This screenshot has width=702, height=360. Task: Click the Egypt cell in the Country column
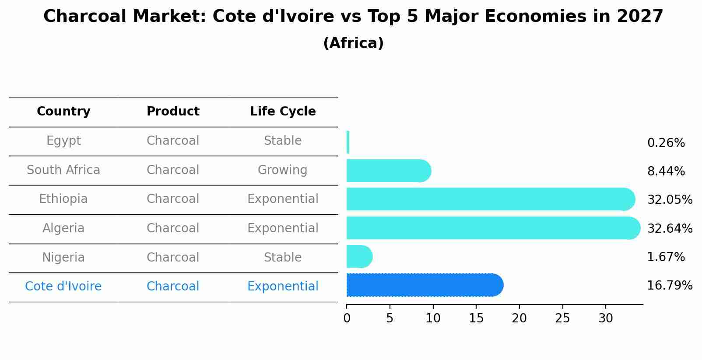pyautogui.click(x=63, y=141)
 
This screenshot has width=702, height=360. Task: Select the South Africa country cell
pyautogui.click(x=63, y=170)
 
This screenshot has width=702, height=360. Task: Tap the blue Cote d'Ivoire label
pyautogui.click(x=63, y=287)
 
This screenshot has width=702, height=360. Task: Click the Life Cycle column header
pyautogui.click(x=283, y=112)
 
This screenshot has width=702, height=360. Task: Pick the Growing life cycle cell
pyautogui.click(x=282, y=170)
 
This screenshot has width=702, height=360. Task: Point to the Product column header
pyautogui.click(x=173, y=112)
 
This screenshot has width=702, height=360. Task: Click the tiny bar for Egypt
pyautogui.click(x=348, y=142)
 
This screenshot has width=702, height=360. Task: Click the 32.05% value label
pyautogui.click(x=670, y=200)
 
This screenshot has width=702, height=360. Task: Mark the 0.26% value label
pyautogui.click(x=666, y=143)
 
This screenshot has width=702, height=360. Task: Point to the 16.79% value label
pyautogui.click(x=670, y=286)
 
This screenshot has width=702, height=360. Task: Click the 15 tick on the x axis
pyautogui.click(x=476, y=318)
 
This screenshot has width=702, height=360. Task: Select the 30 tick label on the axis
pyautogui.click(x=606, y=318)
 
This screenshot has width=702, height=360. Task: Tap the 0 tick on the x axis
pyautogui.click(x=347, y=318)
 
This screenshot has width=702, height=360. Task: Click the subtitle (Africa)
pyautogui.click(x=353, y=43)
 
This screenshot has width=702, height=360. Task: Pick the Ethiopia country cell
pyautogui.click(x=63, y=199)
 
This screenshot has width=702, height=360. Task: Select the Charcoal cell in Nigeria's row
pyautogui.click(x=173, y=258)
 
